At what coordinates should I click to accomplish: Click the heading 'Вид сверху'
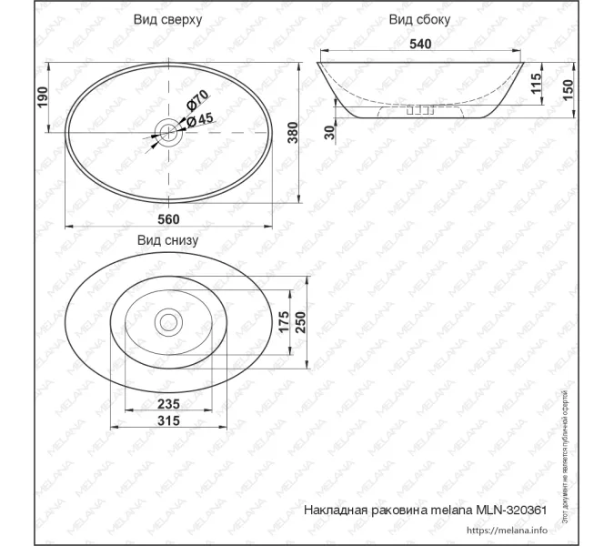pos(167,19)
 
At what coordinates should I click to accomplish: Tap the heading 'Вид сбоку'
pos(419,19)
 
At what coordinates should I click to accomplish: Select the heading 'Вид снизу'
pos(167,241)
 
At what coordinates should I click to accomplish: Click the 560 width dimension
pos(168,219)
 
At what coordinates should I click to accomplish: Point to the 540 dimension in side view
pos(420,44)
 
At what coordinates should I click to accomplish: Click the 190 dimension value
pos(43,97)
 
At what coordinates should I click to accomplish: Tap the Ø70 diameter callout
pos(198,101)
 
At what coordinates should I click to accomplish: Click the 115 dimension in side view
pos(537,85)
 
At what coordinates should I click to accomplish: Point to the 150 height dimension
pos(567,90)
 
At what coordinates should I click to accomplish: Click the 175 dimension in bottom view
pos(284,321)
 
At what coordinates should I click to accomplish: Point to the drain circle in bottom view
pos(168,320)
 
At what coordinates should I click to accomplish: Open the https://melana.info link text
pos(506,530)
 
